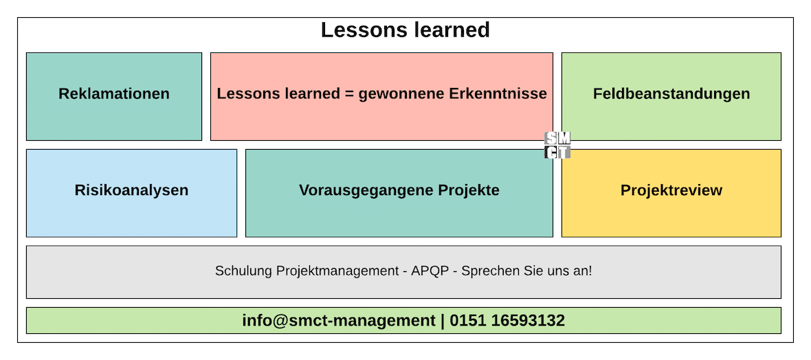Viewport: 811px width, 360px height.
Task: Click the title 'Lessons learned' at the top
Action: point(405,30)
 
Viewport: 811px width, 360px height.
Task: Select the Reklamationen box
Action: point(114,96)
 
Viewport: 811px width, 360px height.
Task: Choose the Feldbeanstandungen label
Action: point(671,94)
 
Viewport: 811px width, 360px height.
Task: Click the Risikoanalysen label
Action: point(131,190)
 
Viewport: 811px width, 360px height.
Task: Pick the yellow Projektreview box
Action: point(671,193)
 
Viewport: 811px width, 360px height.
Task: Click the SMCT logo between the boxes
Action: point(557,145)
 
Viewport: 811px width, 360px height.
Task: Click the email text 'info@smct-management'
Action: point(339,321)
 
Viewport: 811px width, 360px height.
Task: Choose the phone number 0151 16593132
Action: point(507,321)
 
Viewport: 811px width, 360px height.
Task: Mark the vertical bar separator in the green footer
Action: point(443,322)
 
